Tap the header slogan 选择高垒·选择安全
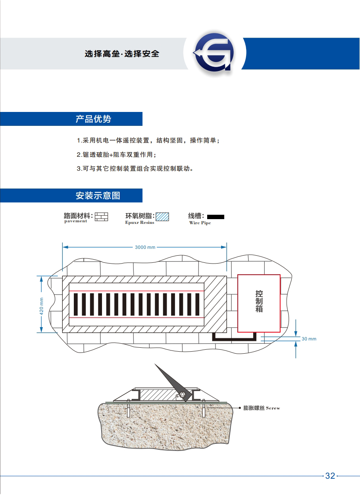click(x=122, y=54)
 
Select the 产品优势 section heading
click(x=93, y=119)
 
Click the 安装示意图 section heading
click(x=98, y=196)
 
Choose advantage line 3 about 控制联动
click(x=135, y=168)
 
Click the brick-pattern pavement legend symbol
click(x=102, y=216)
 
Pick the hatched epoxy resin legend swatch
click(x=162, y=217)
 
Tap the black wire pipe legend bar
click(x=216, y=217)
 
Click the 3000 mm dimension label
click(x=145, y=247)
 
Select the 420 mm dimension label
click(x=42, y=306)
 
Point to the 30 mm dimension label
click(x=309, y=339)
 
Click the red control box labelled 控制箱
click(x=259, y=303)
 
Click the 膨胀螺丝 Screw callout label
click(x=262, y=408)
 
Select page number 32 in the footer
click(x=330, y=476)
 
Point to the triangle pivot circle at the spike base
click(x=182, y=395)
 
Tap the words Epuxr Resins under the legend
click(x=140, y=223)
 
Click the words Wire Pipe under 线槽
click(x=200, y=223)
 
